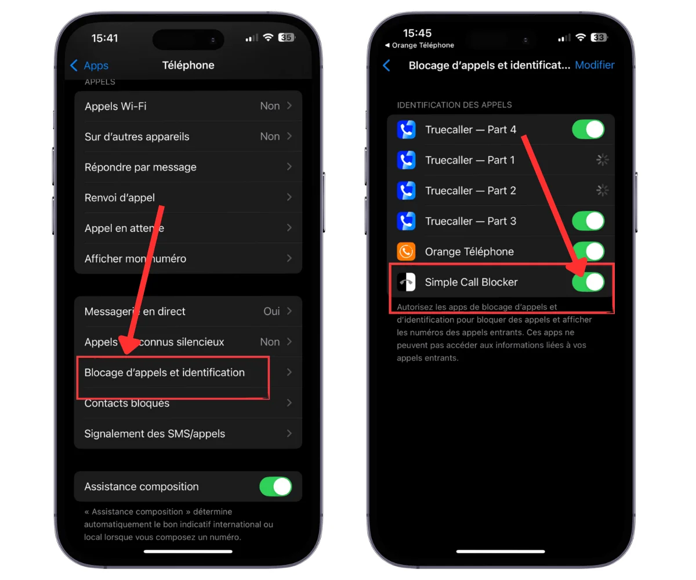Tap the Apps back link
(x=89, y=66)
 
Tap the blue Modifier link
(x=594, y=64)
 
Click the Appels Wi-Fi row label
(x=115, y=106)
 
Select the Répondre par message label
(x=140, y=167)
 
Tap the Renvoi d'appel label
(x=119, y=198)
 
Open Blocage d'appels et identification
(x=164, y=372)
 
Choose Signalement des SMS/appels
(x=154, y=434)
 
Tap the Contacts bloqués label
(x=126, y=403)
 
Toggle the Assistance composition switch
(x=275, y=487)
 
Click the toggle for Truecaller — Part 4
(x=588, y=129)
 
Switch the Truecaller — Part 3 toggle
(x=588, y=221)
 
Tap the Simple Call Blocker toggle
(x=588, y=282)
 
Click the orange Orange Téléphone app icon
(x=406, y=251)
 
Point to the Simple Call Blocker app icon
(x=406, y=282)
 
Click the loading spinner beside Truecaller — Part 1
(x=603, y=160)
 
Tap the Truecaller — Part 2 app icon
(x=406, y=190)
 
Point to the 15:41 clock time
(x=104, y=38)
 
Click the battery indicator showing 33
(x=599, y=37)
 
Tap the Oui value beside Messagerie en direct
(x=271, y=311)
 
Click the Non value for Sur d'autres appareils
(x=270, y=136)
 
